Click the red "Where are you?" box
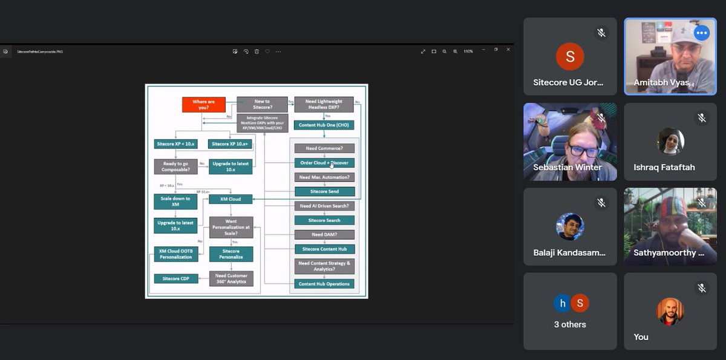point(203,105)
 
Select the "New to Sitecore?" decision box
point(262,105)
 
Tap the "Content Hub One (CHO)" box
point(324,125)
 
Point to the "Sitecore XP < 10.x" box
point(176,144)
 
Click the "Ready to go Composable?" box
point(176,166)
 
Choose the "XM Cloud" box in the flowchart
point(230,199)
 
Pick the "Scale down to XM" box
point(175,201)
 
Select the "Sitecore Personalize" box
point(231,254)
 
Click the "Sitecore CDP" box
point(176,279)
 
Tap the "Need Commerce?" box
point(324,148)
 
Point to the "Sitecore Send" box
point(324,191)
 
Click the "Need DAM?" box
point(324,234)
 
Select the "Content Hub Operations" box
point(324,284)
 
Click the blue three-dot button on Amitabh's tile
point(702,33)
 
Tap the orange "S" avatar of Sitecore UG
point(570,57)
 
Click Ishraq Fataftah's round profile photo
point(670,141)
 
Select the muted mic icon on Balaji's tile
point(601,203)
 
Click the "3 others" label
point(570,324)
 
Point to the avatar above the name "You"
point(670,312)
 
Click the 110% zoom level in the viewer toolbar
point(468,51)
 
